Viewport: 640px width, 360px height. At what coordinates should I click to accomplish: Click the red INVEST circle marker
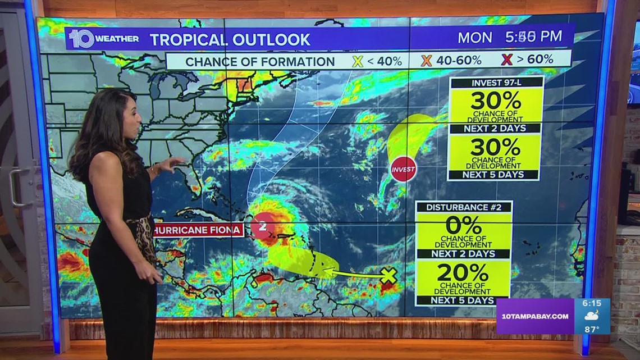[403, 168]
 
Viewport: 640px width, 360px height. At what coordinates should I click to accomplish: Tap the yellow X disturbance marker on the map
[388, 275]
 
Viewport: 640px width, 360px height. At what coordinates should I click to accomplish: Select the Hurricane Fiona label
[198, 229]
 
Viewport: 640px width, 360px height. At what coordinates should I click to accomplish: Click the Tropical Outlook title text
[230, 39]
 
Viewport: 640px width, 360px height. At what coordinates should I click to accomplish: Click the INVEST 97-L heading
[496, 83]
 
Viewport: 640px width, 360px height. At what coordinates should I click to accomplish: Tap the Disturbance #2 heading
[464, 207]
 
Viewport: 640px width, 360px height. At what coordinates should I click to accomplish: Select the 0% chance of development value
[463, 225]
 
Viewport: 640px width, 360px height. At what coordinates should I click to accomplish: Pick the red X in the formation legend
[506, 60]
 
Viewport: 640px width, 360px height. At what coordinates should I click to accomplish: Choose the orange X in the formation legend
[426, 60]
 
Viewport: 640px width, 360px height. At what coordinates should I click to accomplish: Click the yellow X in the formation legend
[357, 61]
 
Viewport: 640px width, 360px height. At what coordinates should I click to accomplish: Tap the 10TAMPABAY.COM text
[533, 316]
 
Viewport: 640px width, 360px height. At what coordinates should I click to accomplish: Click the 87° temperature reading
[591, 329]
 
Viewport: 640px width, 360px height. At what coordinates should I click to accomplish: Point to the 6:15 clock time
[592, 303]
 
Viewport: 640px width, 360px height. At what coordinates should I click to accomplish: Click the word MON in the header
[474, 38]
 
